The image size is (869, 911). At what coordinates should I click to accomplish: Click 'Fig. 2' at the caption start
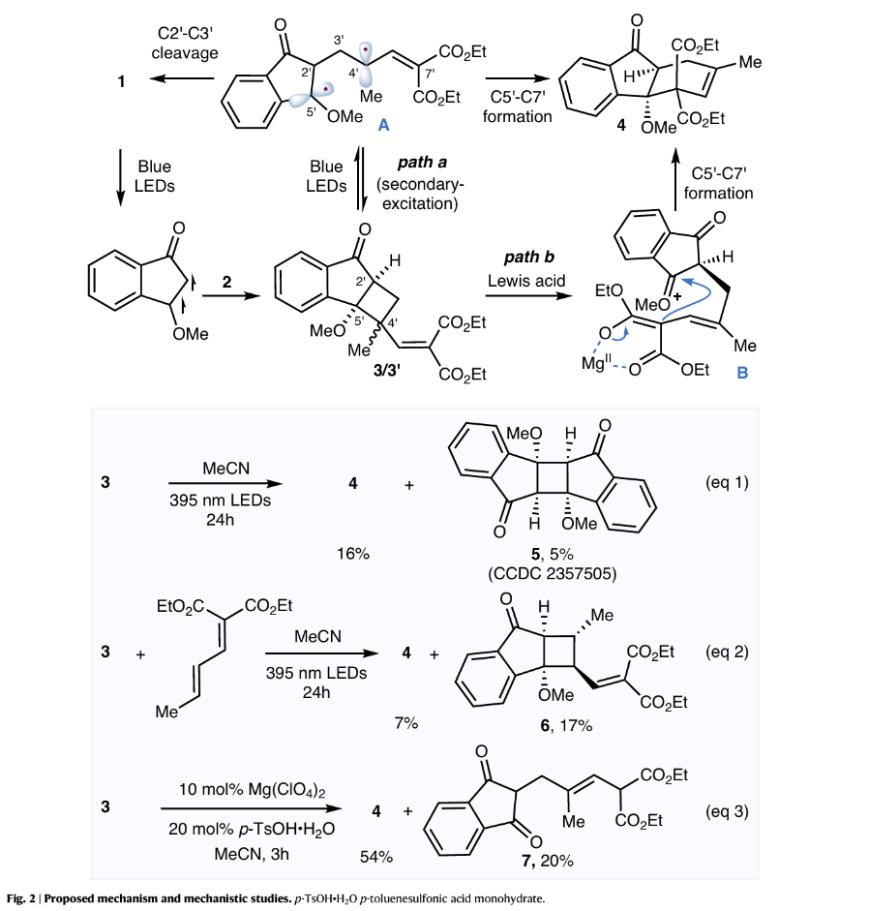(21, 897)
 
